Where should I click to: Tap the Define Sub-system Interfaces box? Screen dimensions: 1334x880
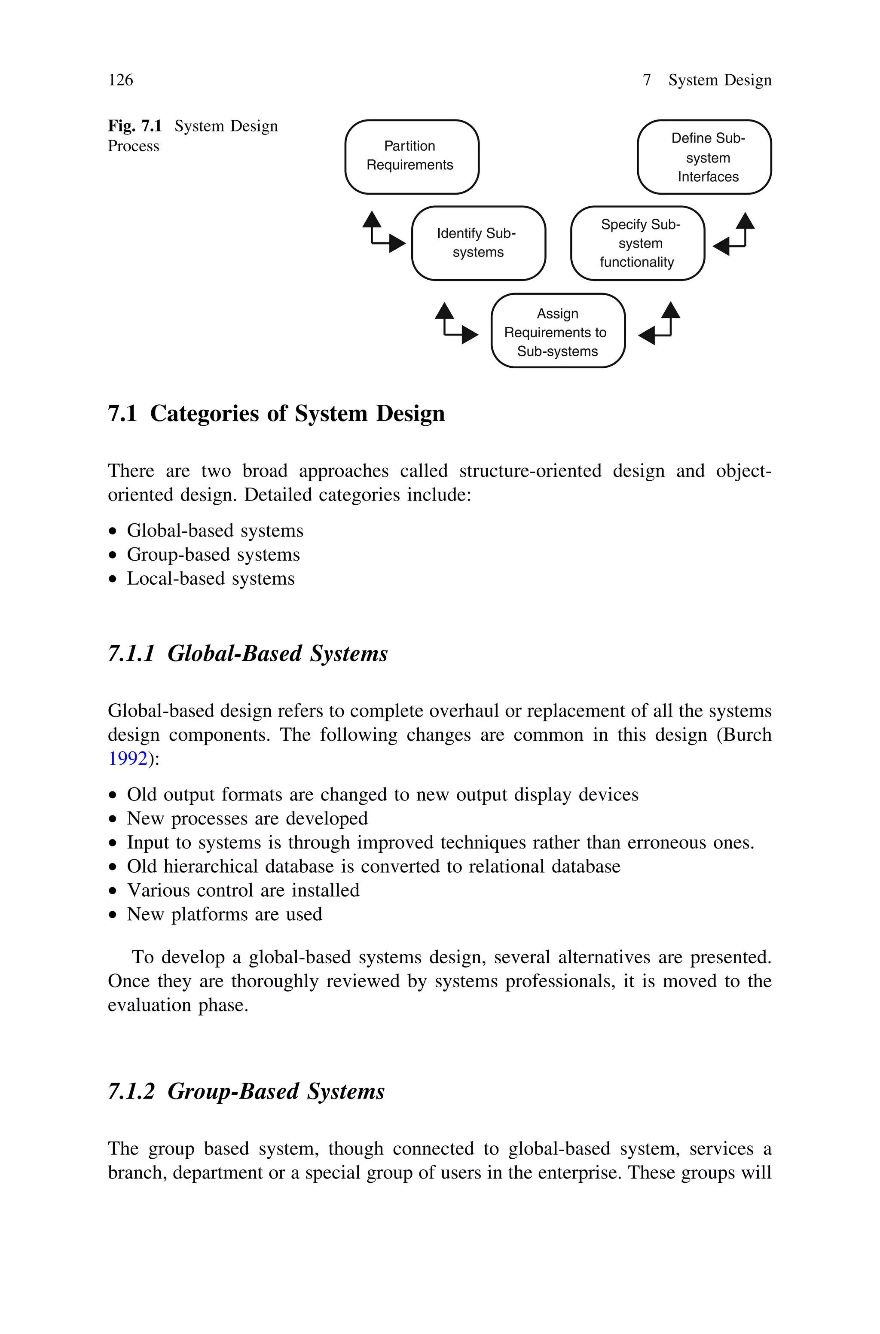(704, 157)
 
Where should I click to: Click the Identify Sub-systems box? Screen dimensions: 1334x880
(478, 243)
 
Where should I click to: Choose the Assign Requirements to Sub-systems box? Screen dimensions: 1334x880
(557, 331)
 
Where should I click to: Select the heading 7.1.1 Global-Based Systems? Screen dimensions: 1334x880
(247, 653)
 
